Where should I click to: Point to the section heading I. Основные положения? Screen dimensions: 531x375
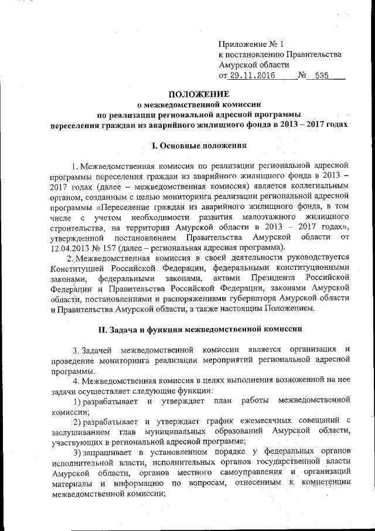click(x=196, y=145)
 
